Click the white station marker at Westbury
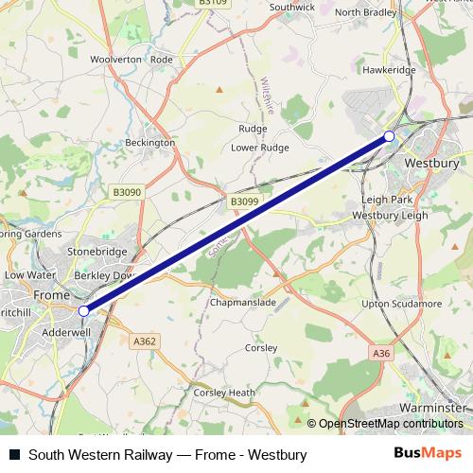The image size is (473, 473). tap(389, 137)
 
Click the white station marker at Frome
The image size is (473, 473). tap(84, 309)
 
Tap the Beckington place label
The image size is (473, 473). tap(150, 143)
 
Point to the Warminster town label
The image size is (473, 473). tap(431, 407)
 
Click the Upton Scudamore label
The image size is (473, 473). tap(404, 303)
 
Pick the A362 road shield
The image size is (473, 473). tap(146, 341)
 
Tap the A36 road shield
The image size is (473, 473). tap(381, 353)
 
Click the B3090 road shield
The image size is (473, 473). tap(126, 192)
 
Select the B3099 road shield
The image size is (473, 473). tap(243, 201)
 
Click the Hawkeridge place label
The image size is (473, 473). tap(389, 69)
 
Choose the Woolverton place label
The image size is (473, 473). tap(115, 59)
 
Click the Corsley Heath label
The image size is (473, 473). tap(224, 393)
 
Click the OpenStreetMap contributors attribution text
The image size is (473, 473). tap(391, 424)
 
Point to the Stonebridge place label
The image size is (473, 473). tap(96, 254)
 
